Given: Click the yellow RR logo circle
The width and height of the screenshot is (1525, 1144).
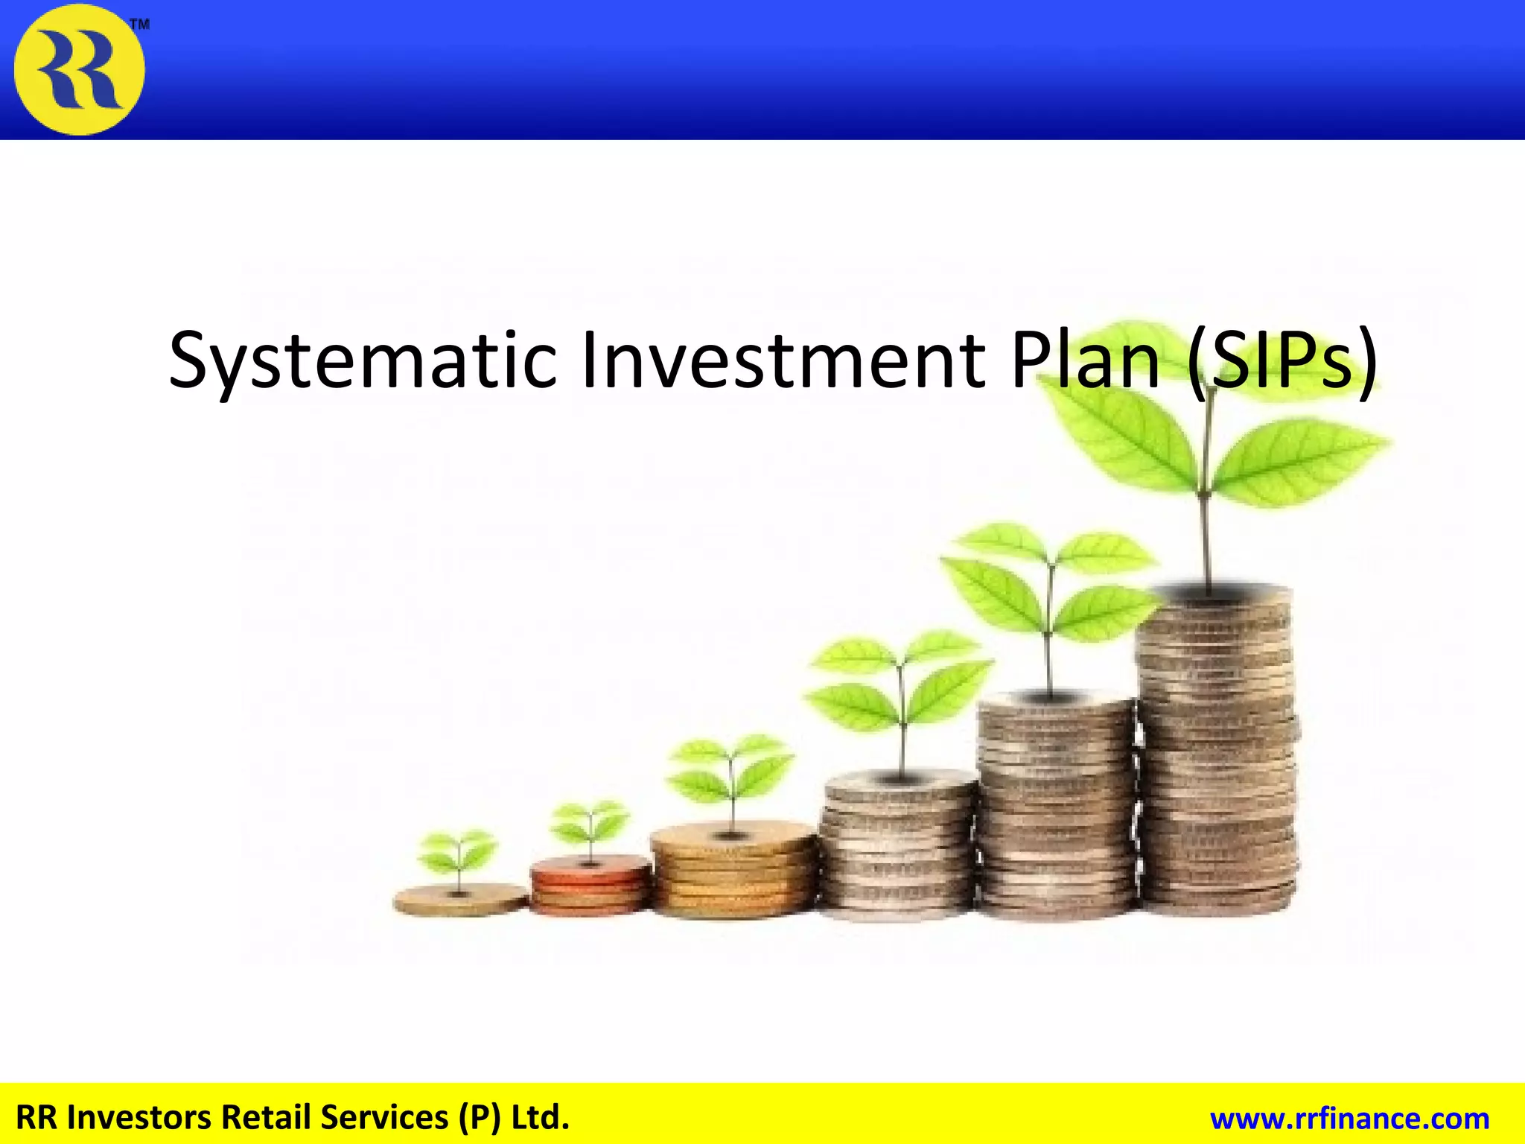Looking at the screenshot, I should coord(79,69).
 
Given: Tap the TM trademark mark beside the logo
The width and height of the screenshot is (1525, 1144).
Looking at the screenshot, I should coord(140,25).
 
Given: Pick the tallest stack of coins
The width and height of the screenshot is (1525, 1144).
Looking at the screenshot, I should coord(1217,752).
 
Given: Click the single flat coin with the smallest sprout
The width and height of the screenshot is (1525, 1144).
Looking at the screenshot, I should coord(460,900).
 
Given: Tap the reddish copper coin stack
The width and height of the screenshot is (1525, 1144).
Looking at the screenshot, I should coord(590,886).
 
